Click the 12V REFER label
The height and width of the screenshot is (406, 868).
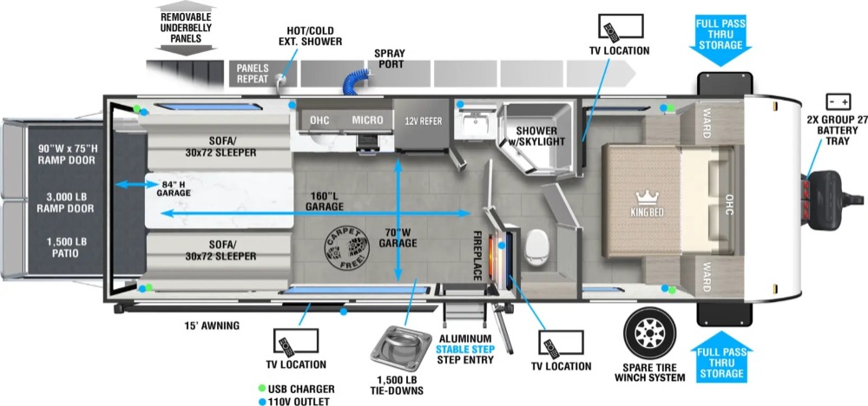coord(423,120)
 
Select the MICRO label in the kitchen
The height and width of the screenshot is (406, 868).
coord(368,120)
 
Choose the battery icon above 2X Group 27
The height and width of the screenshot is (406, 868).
coord(838,101)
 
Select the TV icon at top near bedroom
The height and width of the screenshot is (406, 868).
coord(620,25)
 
